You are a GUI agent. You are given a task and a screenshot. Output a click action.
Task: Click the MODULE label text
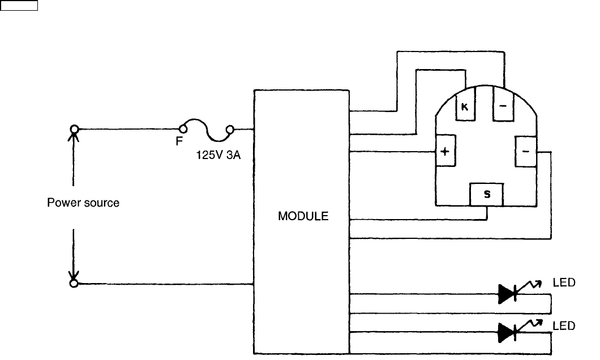(303, 216)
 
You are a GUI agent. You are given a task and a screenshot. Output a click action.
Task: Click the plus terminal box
(445, 152)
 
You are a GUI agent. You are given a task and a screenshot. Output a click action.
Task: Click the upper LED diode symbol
(508, 293)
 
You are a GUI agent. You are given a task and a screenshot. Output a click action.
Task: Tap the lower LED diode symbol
(508, 332)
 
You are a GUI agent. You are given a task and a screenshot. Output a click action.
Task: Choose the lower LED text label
(564, 325)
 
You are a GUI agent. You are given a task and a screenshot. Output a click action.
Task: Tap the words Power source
(83, 203)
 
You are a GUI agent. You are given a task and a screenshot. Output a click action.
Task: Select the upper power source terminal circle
(73, 129)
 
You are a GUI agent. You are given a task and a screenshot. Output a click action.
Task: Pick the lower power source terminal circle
(73, 283)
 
